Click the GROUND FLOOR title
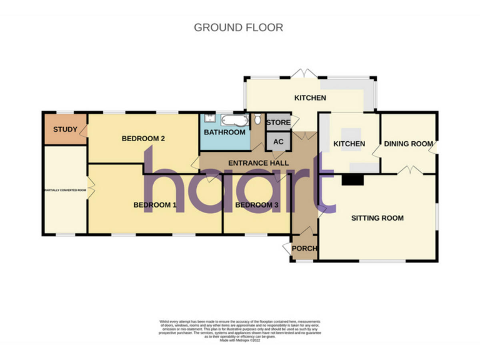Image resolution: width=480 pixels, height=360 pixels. coord(238,27)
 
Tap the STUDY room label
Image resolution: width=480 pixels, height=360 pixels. coord(64,130)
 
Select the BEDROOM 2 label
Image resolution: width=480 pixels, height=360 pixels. coord(142,139)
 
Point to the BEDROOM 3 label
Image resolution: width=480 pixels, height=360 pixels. coord(256,204)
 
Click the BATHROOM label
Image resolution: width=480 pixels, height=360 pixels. coord(224,132)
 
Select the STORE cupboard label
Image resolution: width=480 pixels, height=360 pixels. coord(278,123)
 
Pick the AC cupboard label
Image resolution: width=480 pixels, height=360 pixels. coord(279,142)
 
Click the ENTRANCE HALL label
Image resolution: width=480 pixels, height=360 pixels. coord(258,163)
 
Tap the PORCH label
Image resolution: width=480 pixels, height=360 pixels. coord(304,249)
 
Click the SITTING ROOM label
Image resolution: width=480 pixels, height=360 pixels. coord(377,218)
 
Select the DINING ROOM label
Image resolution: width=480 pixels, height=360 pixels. coord(408,144)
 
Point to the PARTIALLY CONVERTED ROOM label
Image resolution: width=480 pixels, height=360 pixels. coord(64,190)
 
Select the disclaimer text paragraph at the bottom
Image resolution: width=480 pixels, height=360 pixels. coord(240,329)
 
